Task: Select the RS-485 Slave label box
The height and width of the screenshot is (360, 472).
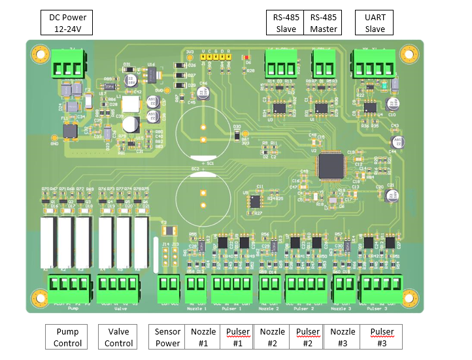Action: [x=285, y=23]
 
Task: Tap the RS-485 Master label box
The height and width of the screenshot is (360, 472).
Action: [x=323, y=23]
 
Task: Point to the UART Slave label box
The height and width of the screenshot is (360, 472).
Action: [x=375, y=23]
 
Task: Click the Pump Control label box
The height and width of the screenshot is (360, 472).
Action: [x=67, y=337]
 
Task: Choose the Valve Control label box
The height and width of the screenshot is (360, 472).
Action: [x=119, y=337]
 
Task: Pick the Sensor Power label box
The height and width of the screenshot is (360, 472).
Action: [x=168, y=337]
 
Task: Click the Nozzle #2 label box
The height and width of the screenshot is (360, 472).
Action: [x=273, y=337]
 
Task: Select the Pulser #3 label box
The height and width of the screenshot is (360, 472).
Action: [x=382, y=337]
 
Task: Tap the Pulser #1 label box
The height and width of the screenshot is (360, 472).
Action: [x=238, y=337]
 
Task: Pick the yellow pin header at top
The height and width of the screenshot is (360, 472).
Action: [x=215, y=58]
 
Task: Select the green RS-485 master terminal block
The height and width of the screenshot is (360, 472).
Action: [x=322, y=64]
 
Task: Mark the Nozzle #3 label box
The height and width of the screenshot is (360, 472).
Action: [x=343, y=337]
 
